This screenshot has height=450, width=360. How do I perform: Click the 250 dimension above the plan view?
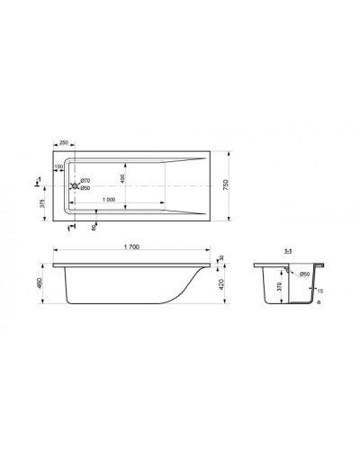pyautogui.click(x=65, y=142)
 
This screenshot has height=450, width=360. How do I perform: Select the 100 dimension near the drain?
pyautogui.click(x=58, y=166)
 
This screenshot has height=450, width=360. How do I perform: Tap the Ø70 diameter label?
pyautogui.click(x=83, y=181)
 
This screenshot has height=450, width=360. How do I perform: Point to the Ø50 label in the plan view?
pyautogui.click(x=83, y=188)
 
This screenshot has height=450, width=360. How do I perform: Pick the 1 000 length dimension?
pyautogui.click(x=108, y=199)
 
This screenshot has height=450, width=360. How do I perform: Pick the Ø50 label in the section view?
pyautogui.click(x=304, y=273)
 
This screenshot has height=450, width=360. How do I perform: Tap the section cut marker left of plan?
pyautogui.click(x=37, y=184)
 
